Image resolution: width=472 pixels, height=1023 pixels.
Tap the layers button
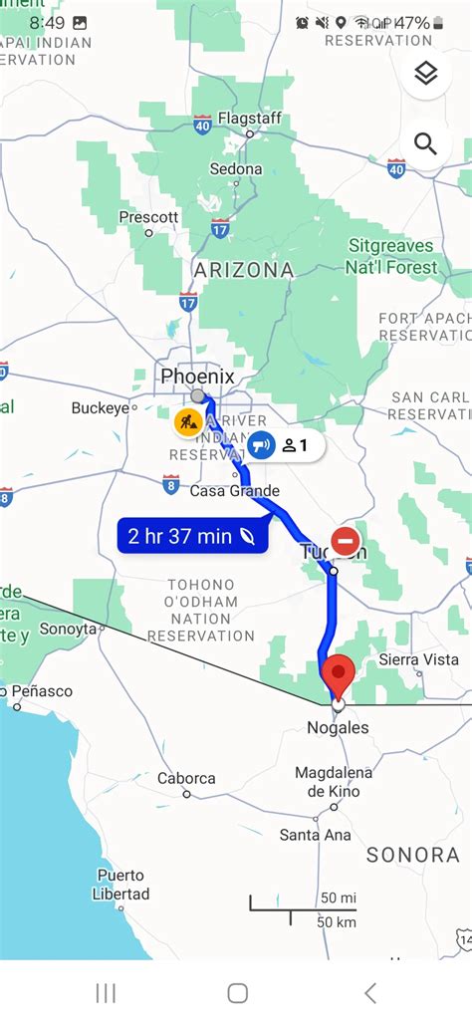point(425,75)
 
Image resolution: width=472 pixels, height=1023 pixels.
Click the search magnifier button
point(425,144)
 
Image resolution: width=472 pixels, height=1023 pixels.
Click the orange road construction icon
point(188,421)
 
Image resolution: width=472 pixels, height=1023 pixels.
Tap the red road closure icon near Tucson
point(346,541)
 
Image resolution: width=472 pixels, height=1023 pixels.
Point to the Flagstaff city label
point(250,119)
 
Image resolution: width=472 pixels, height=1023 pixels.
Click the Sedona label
point(236,169)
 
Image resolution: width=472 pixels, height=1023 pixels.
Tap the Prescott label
point(148,216)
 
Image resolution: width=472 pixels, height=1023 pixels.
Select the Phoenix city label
point(197,377)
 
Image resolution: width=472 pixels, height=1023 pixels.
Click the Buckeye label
point(101,407)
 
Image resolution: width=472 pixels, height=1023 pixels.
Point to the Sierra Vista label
point(419,659)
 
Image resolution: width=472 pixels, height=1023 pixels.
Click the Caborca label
point(186,778)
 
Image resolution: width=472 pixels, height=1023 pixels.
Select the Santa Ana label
point(315,835)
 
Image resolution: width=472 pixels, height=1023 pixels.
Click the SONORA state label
point(411,855)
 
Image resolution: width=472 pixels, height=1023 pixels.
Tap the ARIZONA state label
point(244,270)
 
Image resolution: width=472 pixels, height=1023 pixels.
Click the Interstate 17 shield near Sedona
point(220,227)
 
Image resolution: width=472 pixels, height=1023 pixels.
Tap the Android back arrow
point(370,992)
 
